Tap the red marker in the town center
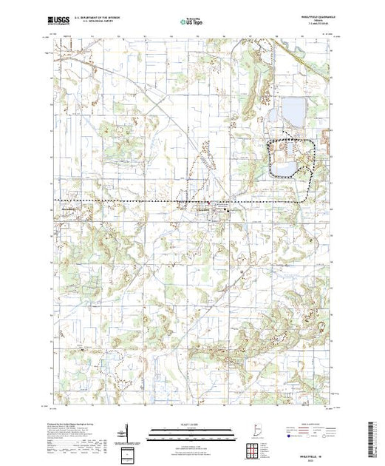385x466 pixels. tap(215, 206)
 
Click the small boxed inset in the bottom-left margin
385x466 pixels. tap(128, 453)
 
